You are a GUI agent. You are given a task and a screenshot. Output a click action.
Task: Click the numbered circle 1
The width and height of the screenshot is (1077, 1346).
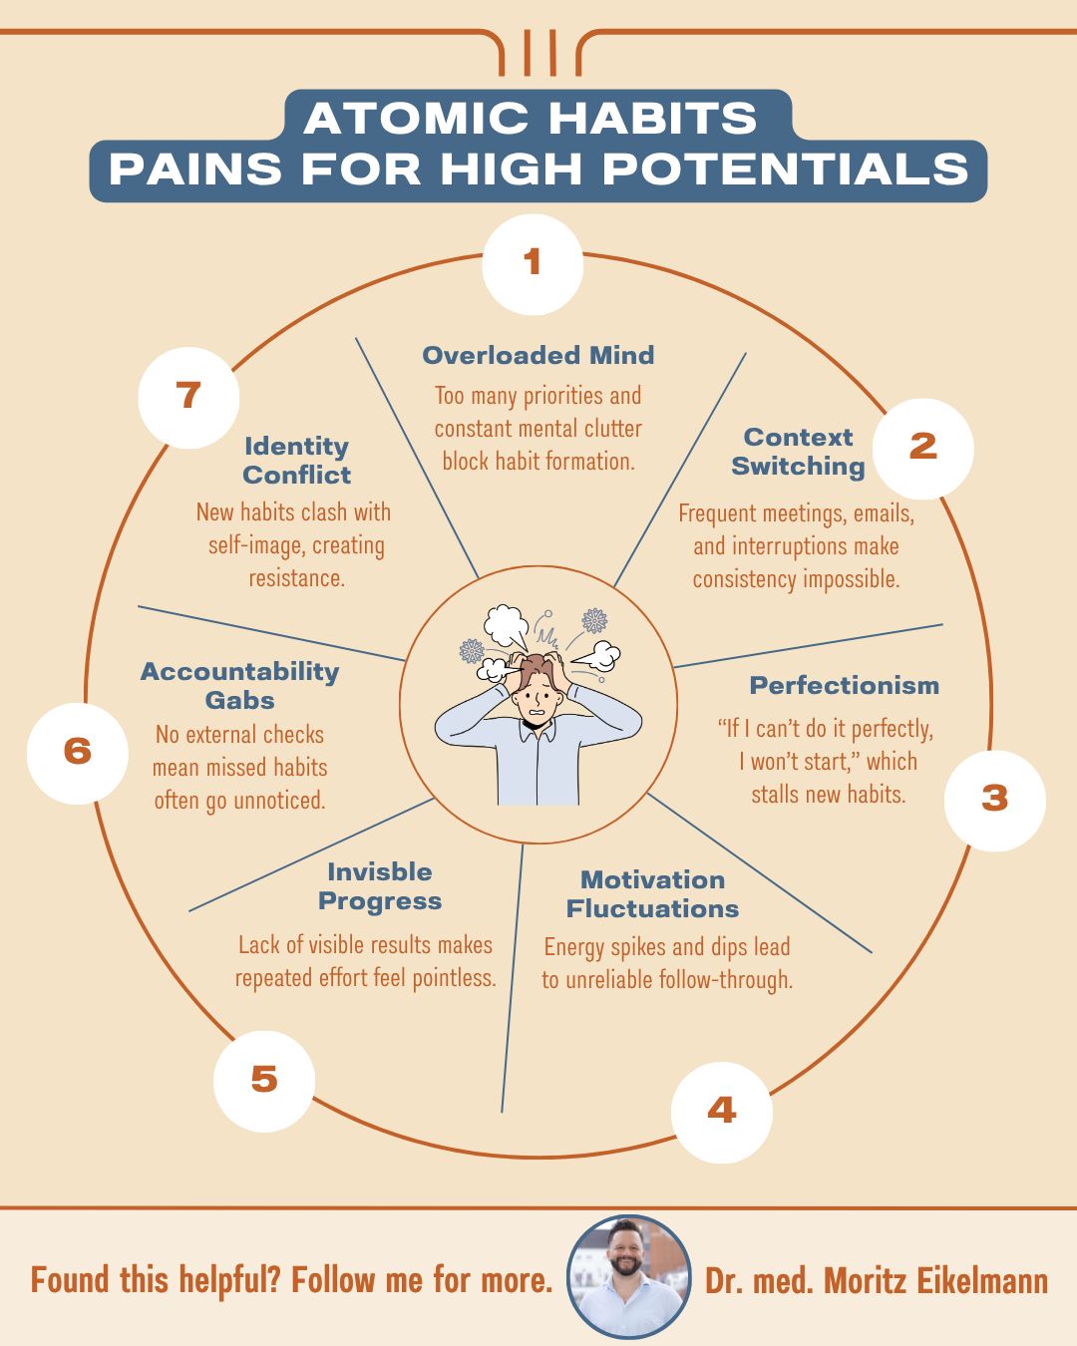click(533, 263)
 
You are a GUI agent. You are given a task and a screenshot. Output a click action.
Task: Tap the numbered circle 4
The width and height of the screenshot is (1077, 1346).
click(721, 1112)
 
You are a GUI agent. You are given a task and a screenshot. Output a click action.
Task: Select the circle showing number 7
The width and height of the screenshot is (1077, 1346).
click(188, 397)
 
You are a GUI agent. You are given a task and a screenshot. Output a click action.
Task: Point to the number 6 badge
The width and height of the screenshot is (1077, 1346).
click(78, 752)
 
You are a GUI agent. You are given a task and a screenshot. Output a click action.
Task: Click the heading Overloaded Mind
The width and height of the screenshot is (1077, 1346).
click(538, 356)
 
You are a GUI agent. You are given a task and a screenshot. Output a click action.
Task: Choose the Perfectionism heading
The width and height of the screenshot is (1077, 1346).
click(844, 686)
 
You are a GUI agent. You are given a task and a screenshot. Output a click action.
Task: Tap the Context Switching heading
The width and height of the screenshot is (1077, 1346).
click(798, 452)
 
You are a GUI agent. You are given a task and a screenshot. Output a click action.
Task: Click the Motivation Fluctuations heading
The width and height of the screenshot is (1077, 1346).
click(652, 894)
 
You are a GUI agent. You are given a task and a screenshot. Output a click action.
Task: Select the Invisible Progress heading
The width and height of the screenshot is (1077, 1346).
click(380, 886)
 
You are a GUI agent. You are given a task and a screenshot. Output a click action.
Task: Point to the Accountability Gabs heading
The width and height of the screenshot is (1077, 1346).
click(239, 686)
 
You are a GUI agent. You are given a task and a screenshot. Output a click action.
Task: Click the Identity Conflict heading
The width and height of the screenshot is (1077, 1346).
click(296, 461)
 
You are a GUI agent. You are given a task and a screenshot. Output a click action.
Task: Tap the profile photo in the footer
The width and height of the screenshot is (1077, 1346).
click(628, 1276)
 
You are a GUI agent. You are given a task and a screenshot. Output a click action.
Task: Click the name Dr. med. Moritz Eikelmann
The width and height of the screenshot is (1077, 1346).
click(876, 1281)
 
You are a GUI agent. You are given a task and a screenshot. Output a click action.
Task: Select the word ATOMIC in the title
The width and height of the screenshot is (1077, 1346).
click(418, 119)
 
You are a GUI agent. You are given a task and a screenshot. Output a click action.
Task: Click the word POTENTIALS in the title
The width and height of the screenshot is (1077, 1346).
click(786, 169)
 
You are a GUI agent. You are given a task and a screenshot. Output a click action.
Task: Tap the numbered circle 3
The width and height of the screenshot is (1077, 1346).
click(994, 800)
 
